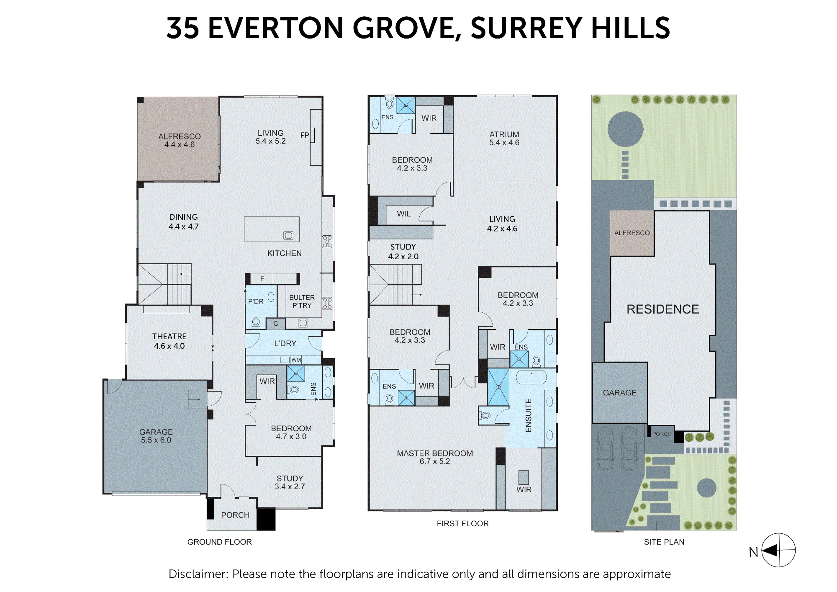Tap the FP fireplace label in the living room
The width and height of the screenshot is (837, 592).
[305, 135]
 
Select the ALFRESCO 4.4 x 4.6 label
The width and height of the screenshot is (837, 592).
[180, 140]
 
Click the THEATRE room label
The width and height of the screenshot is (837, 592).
[169, 336]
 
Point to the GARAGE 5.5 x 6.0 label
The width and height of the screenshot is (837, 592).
[156, 436]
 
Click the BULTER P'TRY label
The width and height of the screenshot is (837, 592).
[302, 301]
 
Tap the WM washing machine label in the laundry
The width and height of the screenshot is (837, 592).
[296, 360]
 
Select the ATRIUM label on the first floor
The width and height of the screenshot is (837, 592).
[504, 134]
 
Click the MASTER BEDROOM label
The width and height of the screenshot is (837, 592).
[435, 453]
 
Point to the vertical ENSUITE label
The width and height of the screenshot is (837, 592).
[528, 415]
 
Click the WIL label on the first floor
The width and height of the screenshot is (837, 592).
[404, 214]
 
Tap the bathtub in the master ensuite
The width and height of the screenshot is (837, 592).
[531, 377]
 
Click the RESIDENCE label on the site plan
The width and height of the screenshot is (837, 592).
[663, 309]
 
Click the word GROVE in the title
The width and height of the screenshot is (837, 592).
[404, 28]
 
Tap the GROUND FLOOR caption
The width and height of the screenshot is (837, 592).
[219, 542]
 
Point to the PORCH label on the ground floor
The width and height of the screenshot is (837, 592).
[235, 515]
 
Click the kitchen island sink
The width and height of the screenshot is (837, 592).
[288, 235]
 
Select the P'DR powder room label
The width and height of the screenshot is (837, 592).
[256, 301]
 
